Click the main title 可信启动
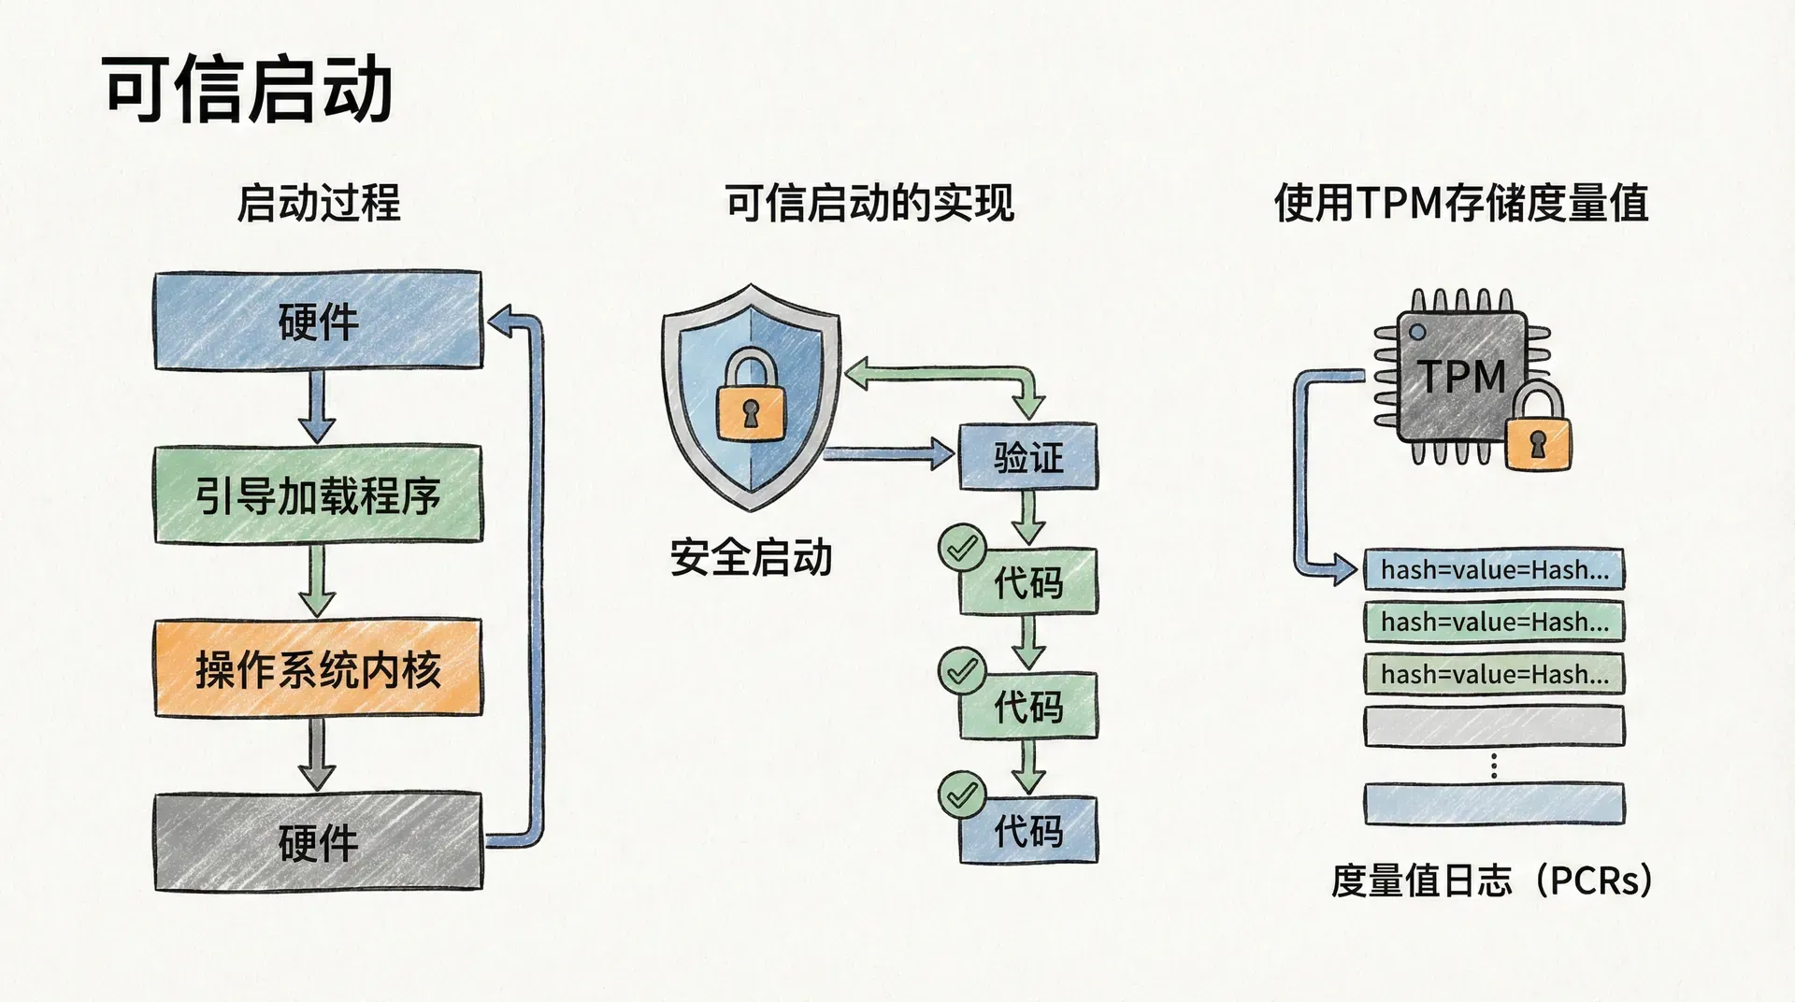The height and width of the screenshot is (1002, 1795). [x=247, y=90]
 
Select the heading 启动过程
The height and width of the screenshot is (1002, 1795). [x=318, y=203]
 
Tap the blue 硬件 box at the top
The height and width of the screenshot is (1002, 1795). [x=318, y=322]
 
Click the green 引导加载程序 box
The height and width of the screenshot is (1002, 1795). [x=318, y=495]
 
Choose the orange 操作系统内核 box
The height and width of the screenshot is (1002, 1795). [x=318, y=669]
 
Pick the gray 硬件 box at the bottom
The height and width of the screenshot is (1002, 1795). [x=318, y=842]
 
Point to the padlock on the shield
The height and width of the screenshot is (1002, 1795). [x=750, y=396]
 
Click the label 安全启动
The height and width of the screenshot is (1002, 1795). [x=751, y=558]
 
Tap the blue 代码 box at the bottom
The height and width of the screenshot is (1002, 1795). [x=1027, y=830]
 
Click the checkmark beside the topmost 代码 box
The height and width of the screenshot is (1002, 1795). [x=962, y=548]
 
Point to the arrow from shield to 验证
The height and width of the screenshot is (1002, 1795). [x=888, y=455]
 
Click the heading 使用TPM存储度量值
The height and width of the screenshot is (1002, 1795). [x=1460, y=203]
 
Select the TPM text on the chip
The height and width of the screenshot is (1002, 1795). [x=1462, y=378]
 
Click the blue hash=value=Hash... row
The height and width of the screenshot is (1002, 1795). [x=1494, y=569]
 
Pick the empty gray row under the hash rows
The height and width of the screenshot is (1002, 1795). [x=1494, y=726]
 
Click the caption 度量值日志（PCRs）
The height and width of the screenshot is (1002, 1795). [x=1492, y=880]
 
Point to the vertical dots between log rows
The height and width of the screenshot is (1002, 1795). [x=1494, y=766]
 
